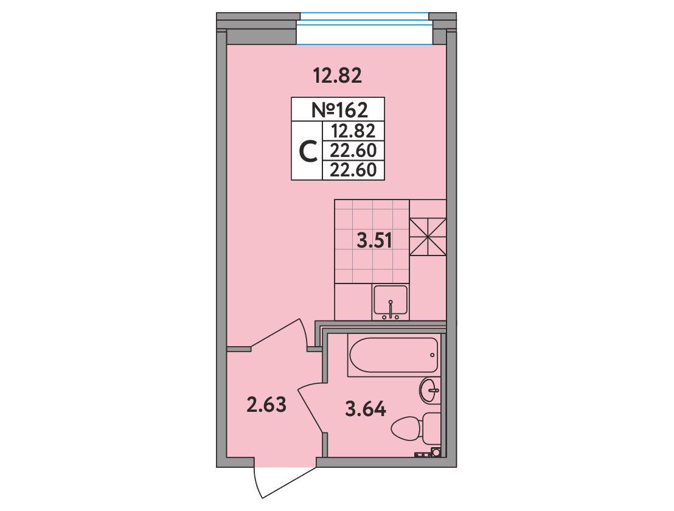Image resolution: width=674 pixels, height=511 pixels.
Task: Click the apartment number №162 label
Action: pos(339,110)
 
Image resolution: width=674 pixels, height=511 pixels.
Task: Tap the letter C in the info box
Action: pos(308,151)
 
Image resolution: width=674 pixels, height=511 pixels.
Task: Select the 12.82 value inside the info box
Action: pos(353,130)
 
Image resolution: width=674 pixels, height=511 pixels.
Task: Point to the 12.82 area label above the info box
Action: pos(338,77)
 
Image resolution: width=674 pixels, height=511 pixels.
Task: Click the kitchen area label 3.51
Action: pos(374,241)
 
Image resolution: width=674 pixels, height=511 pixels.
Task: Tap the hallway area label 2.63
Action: pos(266,405)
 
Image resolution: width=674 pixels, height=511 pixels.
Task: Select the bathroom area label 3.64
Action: pos(366,409)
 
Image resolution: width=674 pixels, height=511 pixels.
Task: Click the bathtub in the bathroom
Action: pos(394,356)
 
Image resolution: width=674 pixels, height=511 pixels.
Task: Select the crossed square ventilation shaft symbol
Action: pos(428,237)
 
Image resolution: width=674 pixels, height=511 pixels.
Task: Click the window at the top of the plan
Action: pos(364,29)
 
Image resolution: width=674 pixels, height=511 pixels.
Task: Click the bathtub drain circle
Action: pos(432,355)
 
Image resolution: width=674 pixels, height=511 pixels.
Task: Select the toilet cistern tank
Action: pos(431,429)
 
